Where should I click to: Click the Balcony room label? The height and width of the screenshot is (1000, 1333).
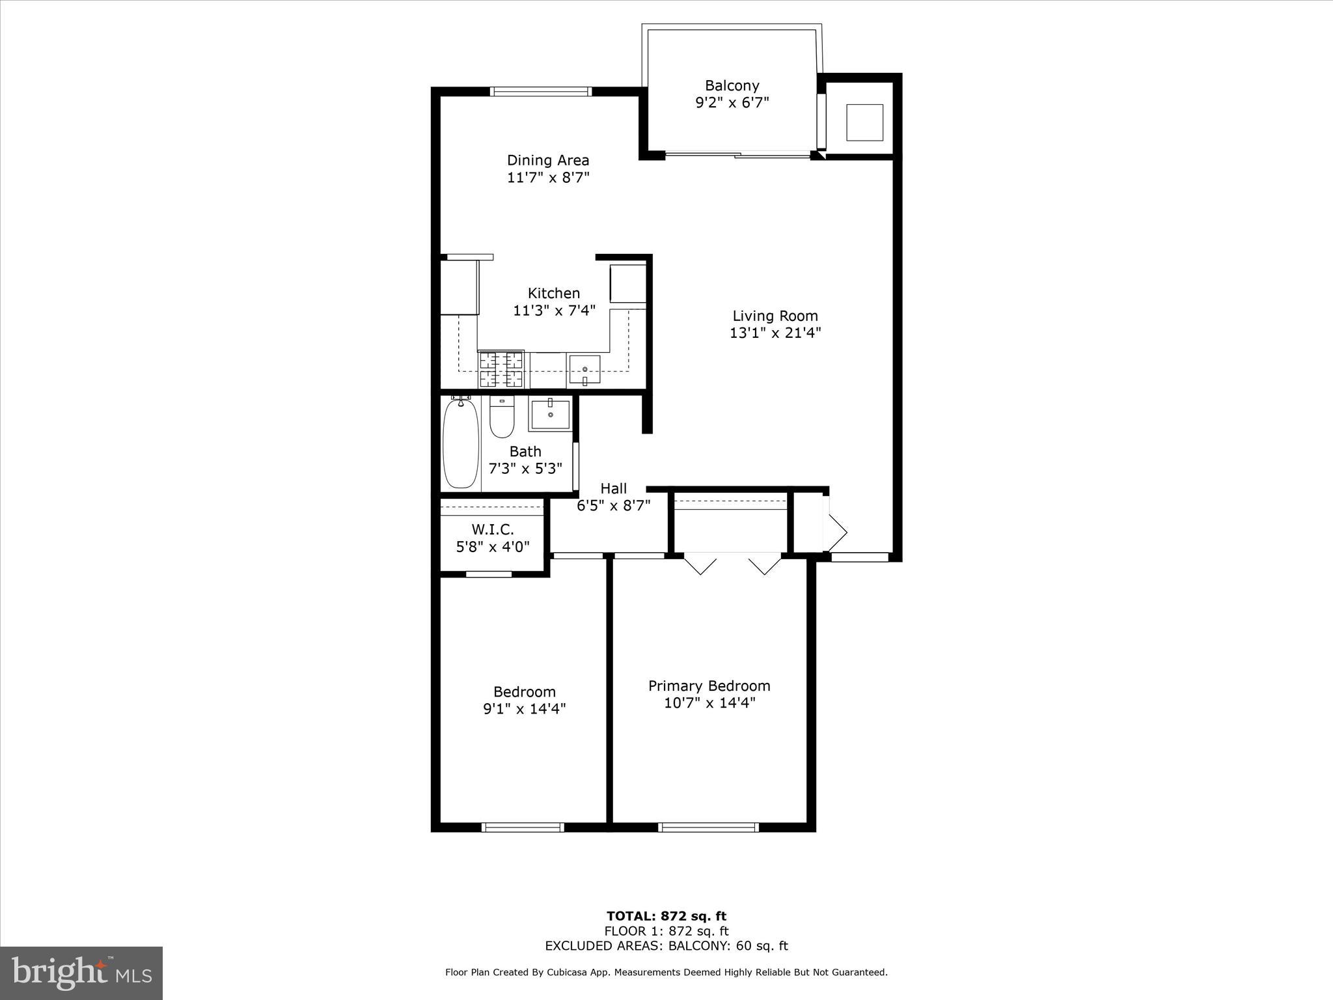click(732, 86)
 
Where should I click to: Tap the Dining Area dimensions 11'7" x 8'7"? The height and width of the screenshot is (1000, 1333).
click(548, 178)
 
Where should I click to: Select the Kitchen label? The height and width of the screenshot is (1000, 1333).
click(553, 293)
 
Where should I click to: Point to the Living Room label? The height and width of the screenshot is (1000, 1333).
click(775, 316)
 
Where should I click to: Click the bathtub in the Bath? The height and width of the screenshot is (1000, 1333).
click(460, 444)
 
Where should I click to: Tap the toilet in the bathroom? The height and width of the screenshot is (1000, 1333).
click(502, 418)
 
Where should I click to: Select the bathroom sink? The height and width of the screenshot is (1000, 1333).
click(550, 414)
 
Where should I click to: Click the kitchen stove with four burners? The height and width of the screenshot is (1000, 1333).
click(501, 369)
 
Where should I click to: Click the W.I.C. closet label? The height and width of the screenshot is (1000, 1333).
click(493, 529)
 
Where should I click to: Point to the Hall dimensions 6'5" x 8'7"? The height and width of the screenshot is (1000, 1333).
click(613, 506)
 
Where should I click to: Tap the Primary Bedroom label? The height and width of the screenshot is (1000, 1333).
click(709, 686)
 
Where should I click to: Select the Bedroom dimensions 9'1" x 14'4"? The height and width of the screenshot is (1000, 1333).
click(524, 709)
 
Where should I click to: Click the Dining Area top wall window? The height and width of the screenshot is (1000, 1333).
click(541, 91)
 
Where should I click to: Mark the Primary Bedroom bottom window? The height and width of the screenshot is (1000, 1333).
click(709, 827)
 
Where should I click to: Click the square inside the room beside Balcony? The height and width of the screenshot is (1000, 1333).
click(864, 122)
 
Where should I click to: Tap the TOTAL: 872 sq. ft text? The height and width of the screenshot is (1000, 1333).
click(666, 917)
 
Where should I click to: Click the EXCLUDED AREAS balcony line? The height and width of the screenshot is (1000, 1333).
click(666, 946)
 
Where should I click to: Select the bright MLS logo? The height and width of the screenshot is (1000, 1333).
click(81, 973)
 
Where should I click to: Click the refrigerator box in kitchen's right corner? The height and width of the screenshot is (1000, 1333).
click(627, 284)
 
